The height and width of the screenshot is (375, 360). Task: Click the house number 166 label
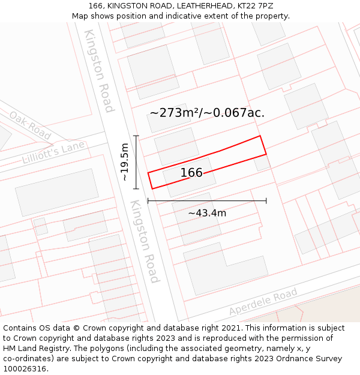click(191, 173)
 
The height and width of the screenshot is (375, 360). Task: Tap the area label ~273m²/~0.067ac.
click(207, 113)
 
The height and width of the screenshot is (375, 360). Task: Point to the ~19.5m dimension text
click(124, 161)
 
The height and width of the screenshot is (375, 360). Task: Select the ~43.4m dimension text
click(207, 213)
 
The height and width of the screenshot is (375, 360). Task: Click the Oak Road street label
click(30, 125)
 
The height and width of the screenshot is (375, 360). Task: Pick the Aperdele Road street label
click(263, 302)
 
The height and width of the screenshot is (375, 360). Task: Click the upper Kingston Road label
click(99, 70)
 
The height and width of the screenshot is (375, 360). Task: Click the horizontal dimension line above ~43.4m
click(207, 201)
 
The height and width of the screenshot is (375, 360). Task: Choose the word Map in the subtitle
click(80, 16)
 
